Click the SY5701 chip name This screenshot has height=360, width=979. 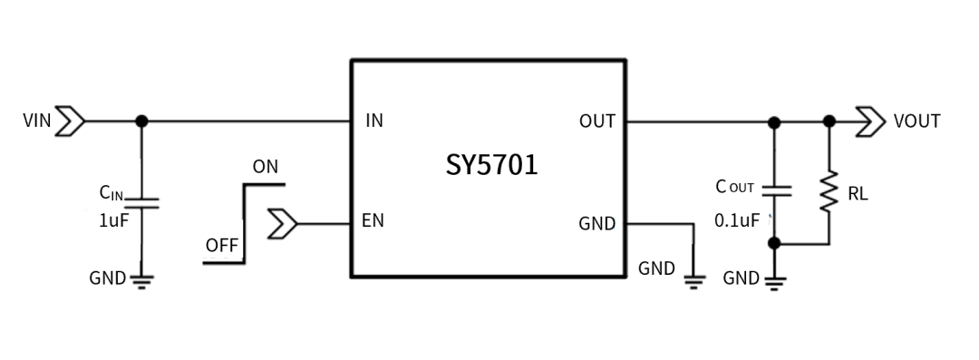click(x=491, y=165)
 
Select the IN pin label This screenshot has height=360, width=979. click(x=373, y=121)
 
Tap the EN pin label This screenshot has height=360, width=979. click(x=373, y=221)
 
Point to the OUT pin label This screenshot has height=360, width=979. click(x=596, y=122)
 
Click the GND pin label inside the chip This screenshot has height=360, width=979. click(x=596, y=223)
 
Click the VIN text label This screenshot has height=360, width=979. click(x=36, y=121)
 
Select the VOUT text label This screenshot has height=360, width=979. click(x=916, y=121)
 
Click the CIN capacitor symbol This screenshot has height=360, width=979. click(x=141, y=201)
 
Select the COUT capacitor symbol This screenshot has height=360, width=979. click(x=773, y=190)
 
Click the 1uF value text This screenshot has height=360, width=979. click(x=114, y=220)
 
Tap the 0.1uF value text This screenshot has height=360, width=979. click(x=737, y=220)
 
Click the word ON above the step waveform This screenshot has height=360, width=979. click(x=266, y=167)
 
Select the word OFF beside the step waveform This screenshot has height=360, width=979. click(x=221, y=245)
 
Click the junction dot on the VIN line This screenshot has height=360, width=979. click(x=141, y=121)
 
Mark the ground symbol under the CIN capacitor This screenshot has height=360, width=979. click(x=141, y=279)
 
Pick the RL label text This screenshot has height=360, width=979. click(x=858, y=193)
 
